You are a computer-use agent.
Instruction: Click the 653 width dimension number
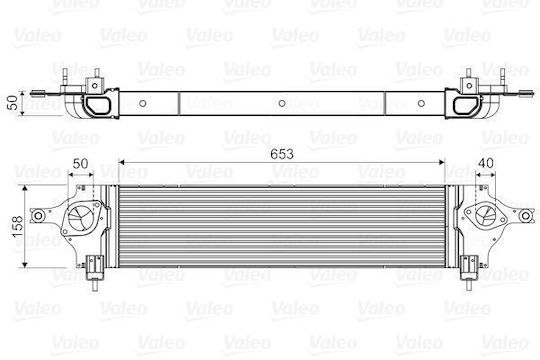point(282,154)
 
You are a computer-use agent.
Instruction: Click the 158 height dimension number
point(17,226)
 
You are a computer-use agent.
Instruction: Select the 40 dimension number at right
point(486,163)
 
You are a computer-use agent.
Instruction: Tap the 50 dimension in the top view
point(13,103)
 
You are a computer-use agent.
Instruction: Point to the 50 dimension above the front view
point(80,164)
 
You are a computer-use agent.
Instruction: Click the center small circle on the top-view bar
point(282,103)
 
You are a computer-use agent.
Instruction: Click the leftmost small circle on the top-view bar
point(143,103)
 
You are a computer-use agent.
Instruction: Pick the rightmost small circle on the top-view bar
point(421,103)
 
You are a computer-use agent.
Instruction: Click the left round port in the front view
point(80,218)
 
